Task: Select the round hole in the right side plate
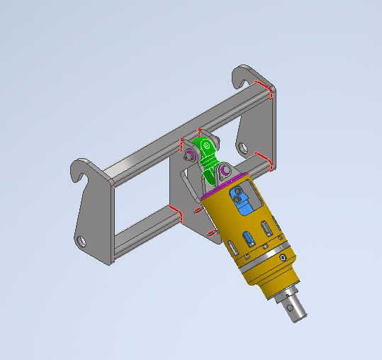coord(242,148)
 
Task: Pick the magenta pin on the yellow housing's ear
coord(226,171)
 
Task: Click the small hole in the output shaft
coord(291,309)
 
